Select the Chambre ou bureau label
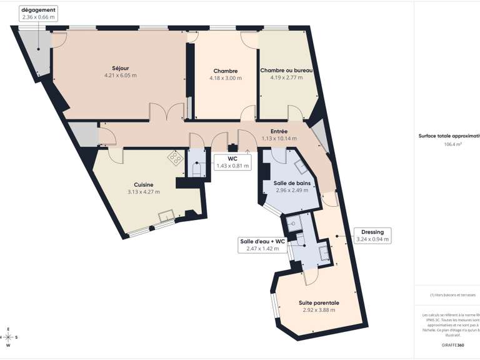coord(286,71)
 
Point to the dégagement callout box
coord(39,14)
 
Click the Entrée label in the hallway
coord(279,131)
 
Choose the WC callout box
coord(232,162)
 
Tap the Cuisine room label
coord(144,184)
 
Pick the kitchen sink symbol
coord(166,217)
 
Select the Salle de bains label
coord(291,182)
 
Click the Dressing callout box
coord(372,235)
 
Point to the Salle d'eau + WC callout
coord(262,244)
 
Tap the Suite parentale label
coord(318,302)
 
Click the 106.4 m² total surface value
coord(452,144)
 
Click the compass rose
coord(9,337)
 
